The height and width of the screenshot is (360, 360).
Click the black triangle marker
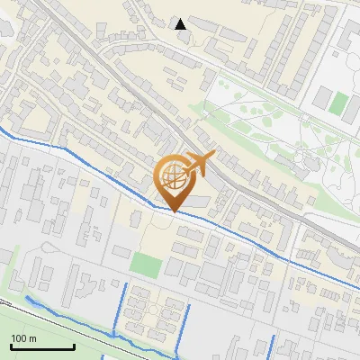tap(181, 23)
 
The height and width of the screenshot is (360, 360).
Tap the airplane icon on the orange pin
tap(201, 163)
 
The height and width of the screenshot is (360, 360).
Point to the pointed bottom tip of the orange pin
tap(174, 211)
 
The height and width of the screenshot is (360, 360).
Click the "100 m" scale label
tap(23, 338)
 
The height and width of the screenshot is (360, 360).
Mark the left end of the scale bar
tap(11, 347)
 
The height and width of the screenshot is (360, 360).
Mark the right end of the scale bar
tap(74, 347)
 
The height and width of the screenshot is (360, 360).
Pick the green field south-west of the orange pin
tap(144, 264)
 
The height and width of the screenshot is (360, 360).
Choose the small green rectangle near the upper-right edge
tap(338, 103)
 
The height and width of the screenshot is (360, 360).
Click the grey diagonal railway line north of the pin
tap(135, 99)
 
